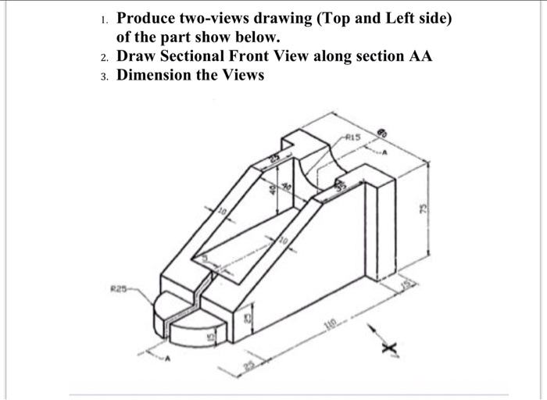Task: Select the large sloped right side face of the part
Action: pos(320,258)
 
